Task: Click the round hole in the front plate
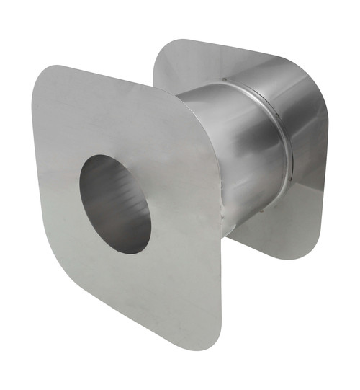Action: point(115,203)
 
